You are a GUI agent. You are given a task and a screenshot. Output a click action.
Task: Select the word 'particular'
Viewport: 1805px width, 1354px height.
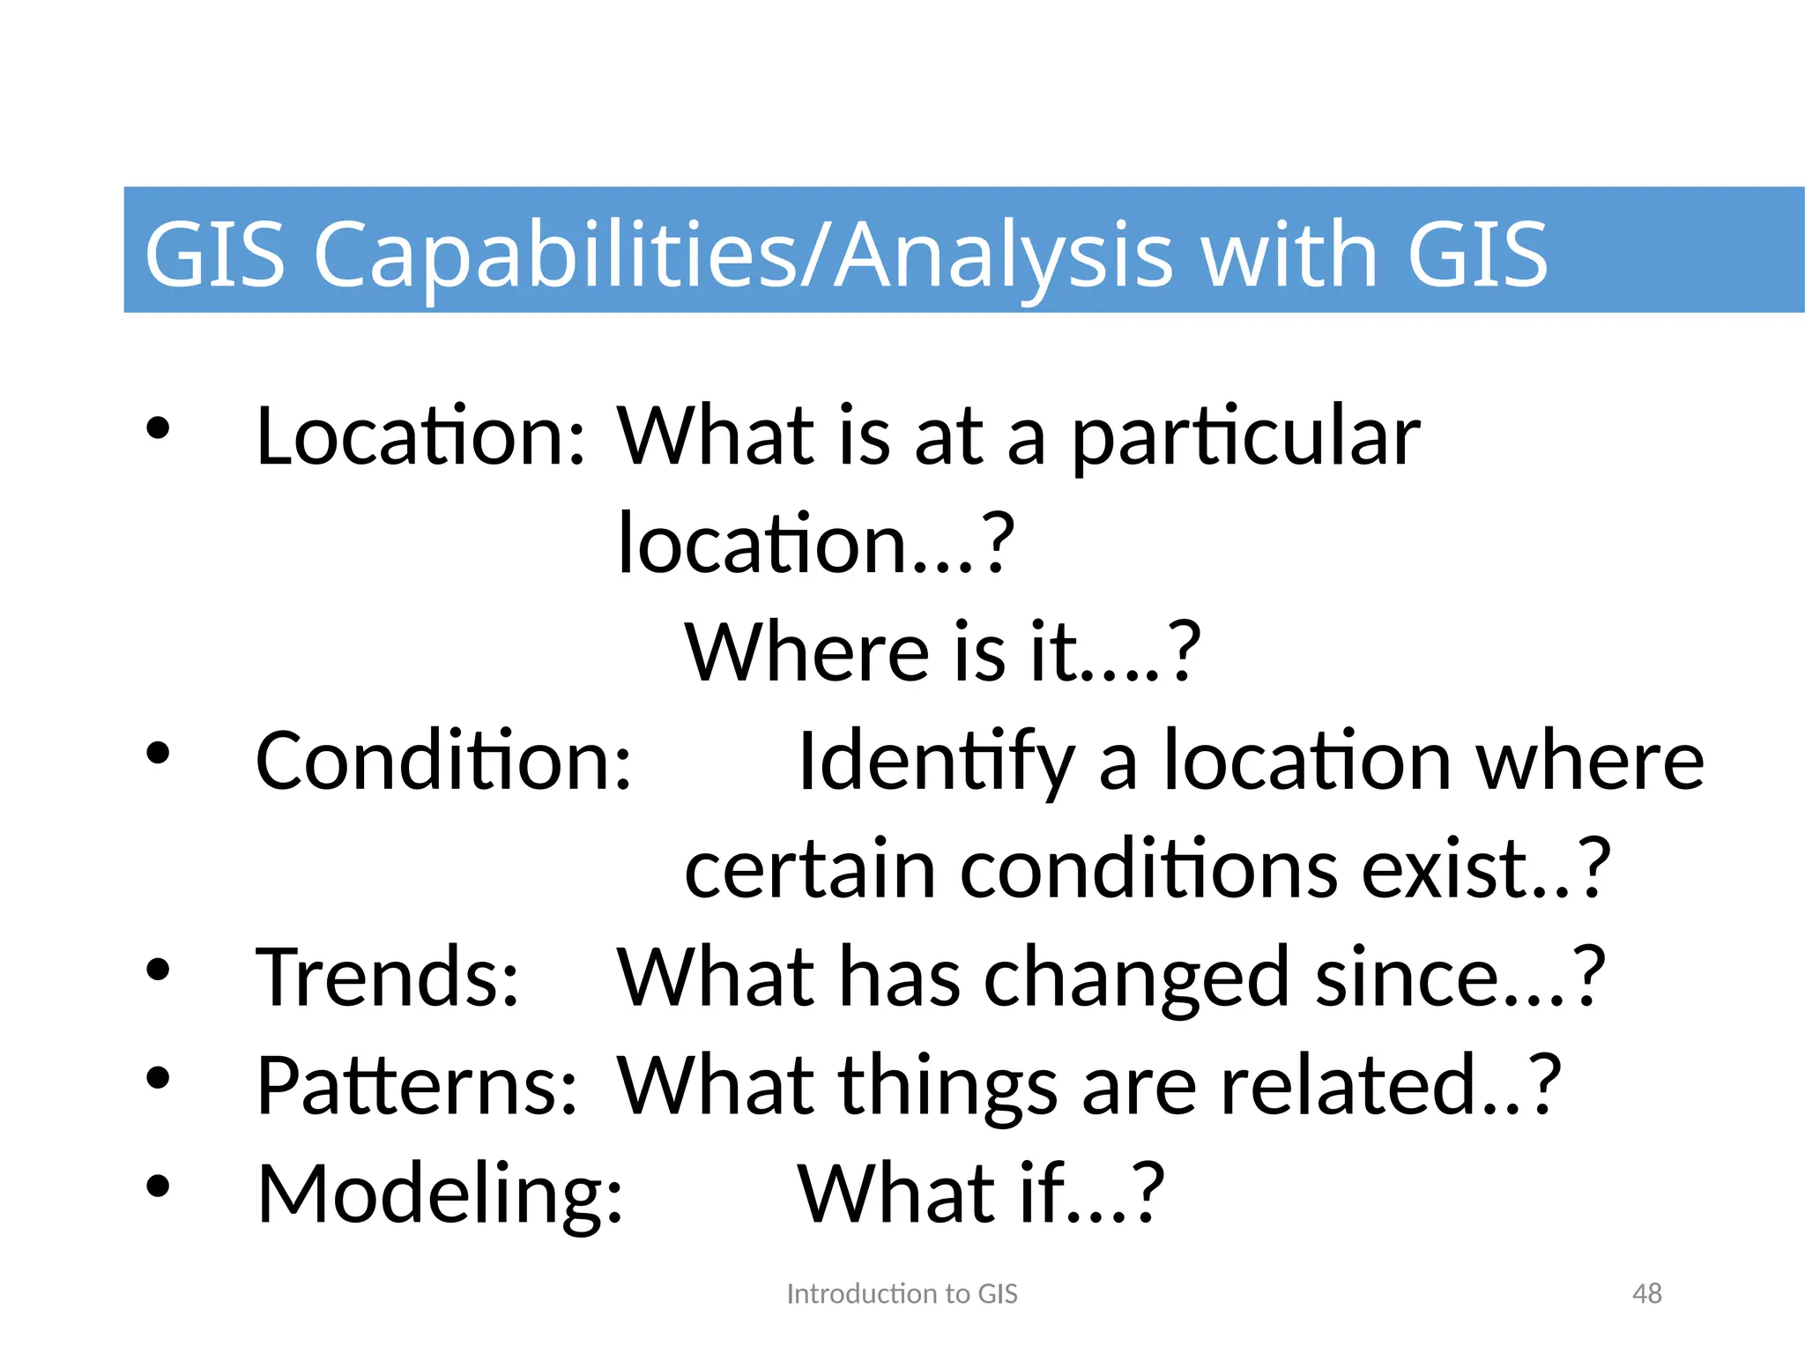click(x=1245, y=438)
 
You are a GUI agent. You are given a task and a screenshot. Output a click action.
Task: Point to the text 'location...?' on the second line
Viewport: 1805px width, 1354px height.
click(x=816, y=544)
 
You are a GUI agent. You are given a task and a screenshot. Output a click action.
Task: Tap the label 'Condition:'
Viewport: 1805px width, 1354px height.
click(x=444, y=761)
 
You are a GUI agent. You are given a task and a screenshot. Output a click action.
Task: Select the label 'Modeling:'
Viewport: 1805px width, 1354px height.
click(x=440, y=1195)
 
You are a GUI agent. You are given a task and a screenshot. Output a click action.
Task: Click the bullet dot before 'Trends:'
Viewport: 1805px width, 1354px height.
click(x=159, y=970)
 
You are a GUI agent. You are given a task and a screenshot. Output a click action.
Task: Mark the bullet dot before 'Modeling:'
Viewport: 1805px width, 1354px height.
click(x=159, y=1186)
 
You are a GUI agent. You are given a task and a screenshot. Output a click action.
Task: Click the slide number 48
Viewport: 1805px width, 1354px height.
click(x=1646, y=1293)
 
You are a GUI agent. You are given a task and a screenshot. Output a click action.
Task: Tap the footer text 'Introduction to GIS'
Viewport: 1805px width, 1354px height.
click(x=902, y=1293)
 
